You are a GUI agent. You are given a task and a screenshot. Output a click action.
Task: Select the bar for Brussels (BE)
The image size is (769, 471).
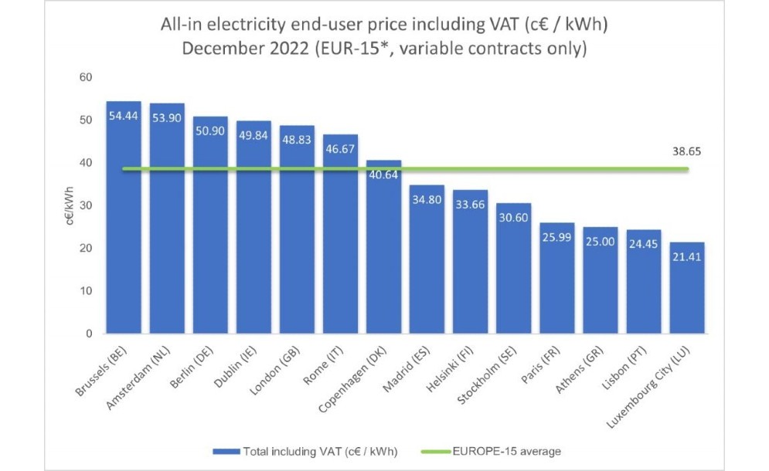[x=124, y=224]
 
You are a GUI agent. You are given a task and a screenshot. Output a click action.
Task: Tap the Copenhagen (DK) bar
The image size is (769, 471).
[x=383, y=255]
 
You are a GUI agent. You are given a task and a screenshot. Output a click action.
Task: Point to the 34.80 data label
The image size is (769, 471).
[x=427, y=200]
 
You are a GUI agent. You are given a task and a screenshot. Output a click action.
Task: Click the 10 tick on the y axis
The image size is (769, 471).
[x=86, y=291]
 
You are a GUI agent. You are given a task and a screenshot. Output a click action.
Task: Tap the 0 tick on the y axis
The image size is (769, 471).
[x=89, y=334]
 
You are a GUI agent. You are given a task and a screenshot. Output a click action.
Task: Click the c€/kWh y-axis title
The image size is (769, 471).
[x=70, y=205]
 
